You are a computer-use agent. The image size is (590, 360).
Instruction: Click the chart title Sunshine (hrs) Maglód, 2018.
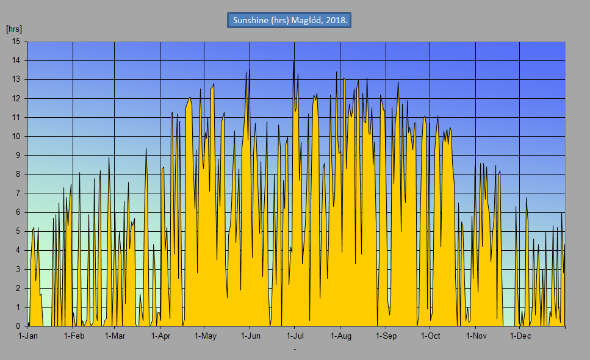pyautogui.click(x=290, y=20)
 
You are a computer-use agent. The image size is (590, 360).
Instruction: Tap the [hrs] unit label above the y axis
pyautogui.click(x=14, y=29)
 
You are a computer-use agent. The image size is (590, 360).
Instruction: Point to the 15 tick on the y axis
pyautogui.click(x=16, y=41)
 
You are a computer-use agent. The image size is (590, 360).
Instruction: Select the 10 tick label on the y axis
pyautogui.click(x=16, y=136)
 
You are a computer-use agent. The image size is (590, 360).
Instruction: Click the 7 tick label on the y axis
pyautogui.click(x=18, y=193)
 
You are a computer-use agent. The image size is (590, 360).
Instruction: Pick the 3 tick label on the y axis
pyautogui.click(x=18, y=268)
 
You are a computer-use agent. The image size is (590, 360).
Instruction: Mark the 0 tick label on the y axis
pyautogui.click(x=18, y=326)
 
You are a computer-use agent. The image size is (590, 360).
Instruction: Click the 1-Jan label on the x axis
pyautogui.click(x=28, y=336)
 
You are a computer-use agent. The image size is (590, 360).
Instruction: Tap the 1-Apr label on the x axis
pyautogui.click(x=160, y=336)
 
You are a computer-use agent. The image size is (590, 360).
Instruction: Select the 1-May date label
pyautogui.click(x=205, y=336)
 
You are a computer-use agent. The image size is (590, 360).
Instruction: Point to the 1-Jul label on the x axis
pyautogui.click(x=295, y=336)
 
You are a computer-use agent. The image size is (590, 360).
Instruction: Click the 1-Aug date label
pyautogui.click(x=340, y=336)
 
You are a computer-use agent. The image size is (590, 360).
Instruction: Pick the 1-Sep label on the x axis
pyautogui.click(x=386, y=336)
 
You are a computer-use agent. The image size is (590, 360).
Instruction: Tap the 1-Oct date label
pyautogui.click(x=430, y=336)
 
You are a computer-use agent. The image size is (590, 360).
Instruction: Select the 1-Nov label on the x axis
pyautogui.click(x=476, y=336)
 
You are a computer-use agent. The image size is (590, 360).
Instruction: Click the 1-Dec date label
pyautogui.click(x=520, y=336)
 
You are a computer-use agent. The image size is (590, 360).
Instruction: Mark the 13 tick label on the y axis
pyautogui.click(x=16, y=79)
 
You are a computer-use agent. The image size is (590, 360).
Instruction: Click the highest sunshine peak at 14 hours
pyautogui.click(x=293, y=61)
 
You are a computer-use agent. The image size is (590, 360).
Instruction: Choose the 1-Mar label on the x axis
pyautogui.click(x=115, y=336)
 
